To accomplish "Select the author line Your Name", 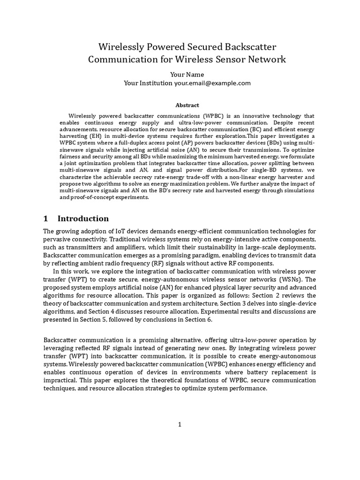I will [x=180, y=74].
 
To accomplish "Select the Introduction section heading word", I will [x=83, y=218].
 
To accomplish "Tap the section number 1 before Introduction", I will [x=46, y=218].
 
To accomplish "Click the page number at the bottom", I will [x=180, y=425].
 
